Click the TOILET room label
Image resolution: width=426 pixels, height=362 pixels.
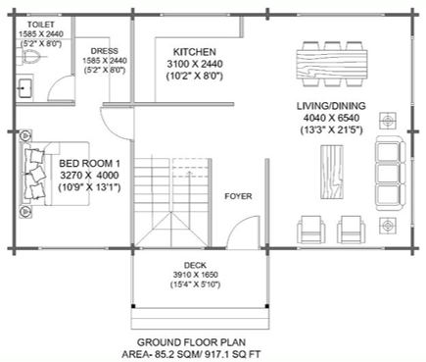point(41,25)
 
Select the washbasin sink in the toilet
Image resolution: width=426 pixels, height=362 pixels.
point(24,88)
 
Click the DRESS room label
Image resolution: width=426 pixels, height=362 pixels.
point(105,51)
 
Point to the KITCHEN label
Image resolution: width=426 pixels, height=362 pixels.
point(195,52)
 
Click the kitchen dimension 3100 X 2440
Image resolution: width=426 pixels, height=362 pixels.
point(195,64)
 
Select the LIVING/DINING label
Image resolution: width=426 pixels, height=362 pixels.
point(331,106)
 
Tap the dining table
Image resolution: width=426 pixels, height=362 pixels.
point(332,64)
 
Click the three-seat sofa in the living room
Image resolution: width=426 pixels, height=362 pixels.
point(391,174)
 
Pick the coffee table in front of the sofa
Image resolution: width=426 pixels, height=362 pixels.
point(332,172)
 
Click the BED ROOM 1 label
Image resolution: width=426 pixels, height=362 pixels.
point(89,163)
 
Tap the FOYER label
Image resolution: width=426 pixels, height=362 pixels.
point(238,196)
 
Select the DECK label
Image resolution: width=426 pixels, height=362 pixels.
point(195,265)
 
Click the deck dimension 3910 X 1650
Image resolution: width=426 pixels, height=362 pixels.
point(196,275)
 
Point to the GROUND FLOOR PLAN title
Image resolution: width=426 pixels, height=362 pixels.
point(191,342)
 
